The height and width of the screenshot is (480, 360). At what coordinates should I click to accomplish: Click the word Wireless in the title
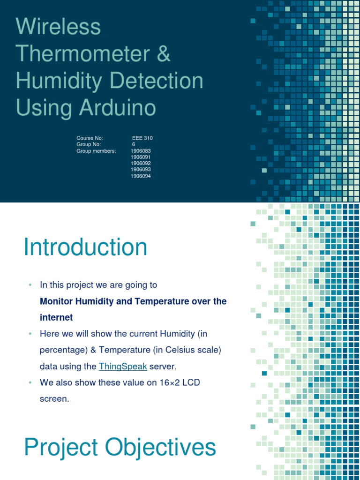58,27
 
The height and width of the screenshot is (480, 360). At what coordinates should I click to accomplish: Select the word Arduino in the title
117,108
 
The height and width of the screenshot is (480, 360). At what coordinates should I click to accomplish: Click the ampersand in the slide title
164,54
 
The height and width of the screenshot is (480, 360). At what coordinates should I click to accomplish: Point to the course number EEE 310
142,138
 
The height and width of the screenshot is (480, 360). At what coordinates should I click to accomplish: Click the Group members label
96,151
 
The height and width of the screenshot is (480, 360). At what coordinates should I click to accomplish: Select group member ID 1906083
141,151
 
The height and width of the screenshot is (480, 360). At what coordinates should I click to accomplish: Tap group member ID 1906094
141,176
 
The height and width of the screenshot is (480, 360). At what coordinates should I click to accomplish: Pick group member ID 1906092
141,163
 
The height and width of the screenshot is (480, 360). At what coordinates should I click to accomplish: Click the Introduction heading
85,247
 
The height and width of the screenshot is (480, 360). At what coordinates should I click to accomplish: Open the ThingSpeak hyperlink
123,366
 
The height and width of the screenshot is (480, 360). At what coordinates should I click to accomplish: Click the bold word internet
56,317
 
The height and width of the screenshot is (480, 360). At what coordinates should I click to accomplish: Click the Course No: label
90,138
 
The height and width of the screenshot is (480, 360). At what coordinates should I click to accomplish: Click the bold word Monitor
57,301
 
